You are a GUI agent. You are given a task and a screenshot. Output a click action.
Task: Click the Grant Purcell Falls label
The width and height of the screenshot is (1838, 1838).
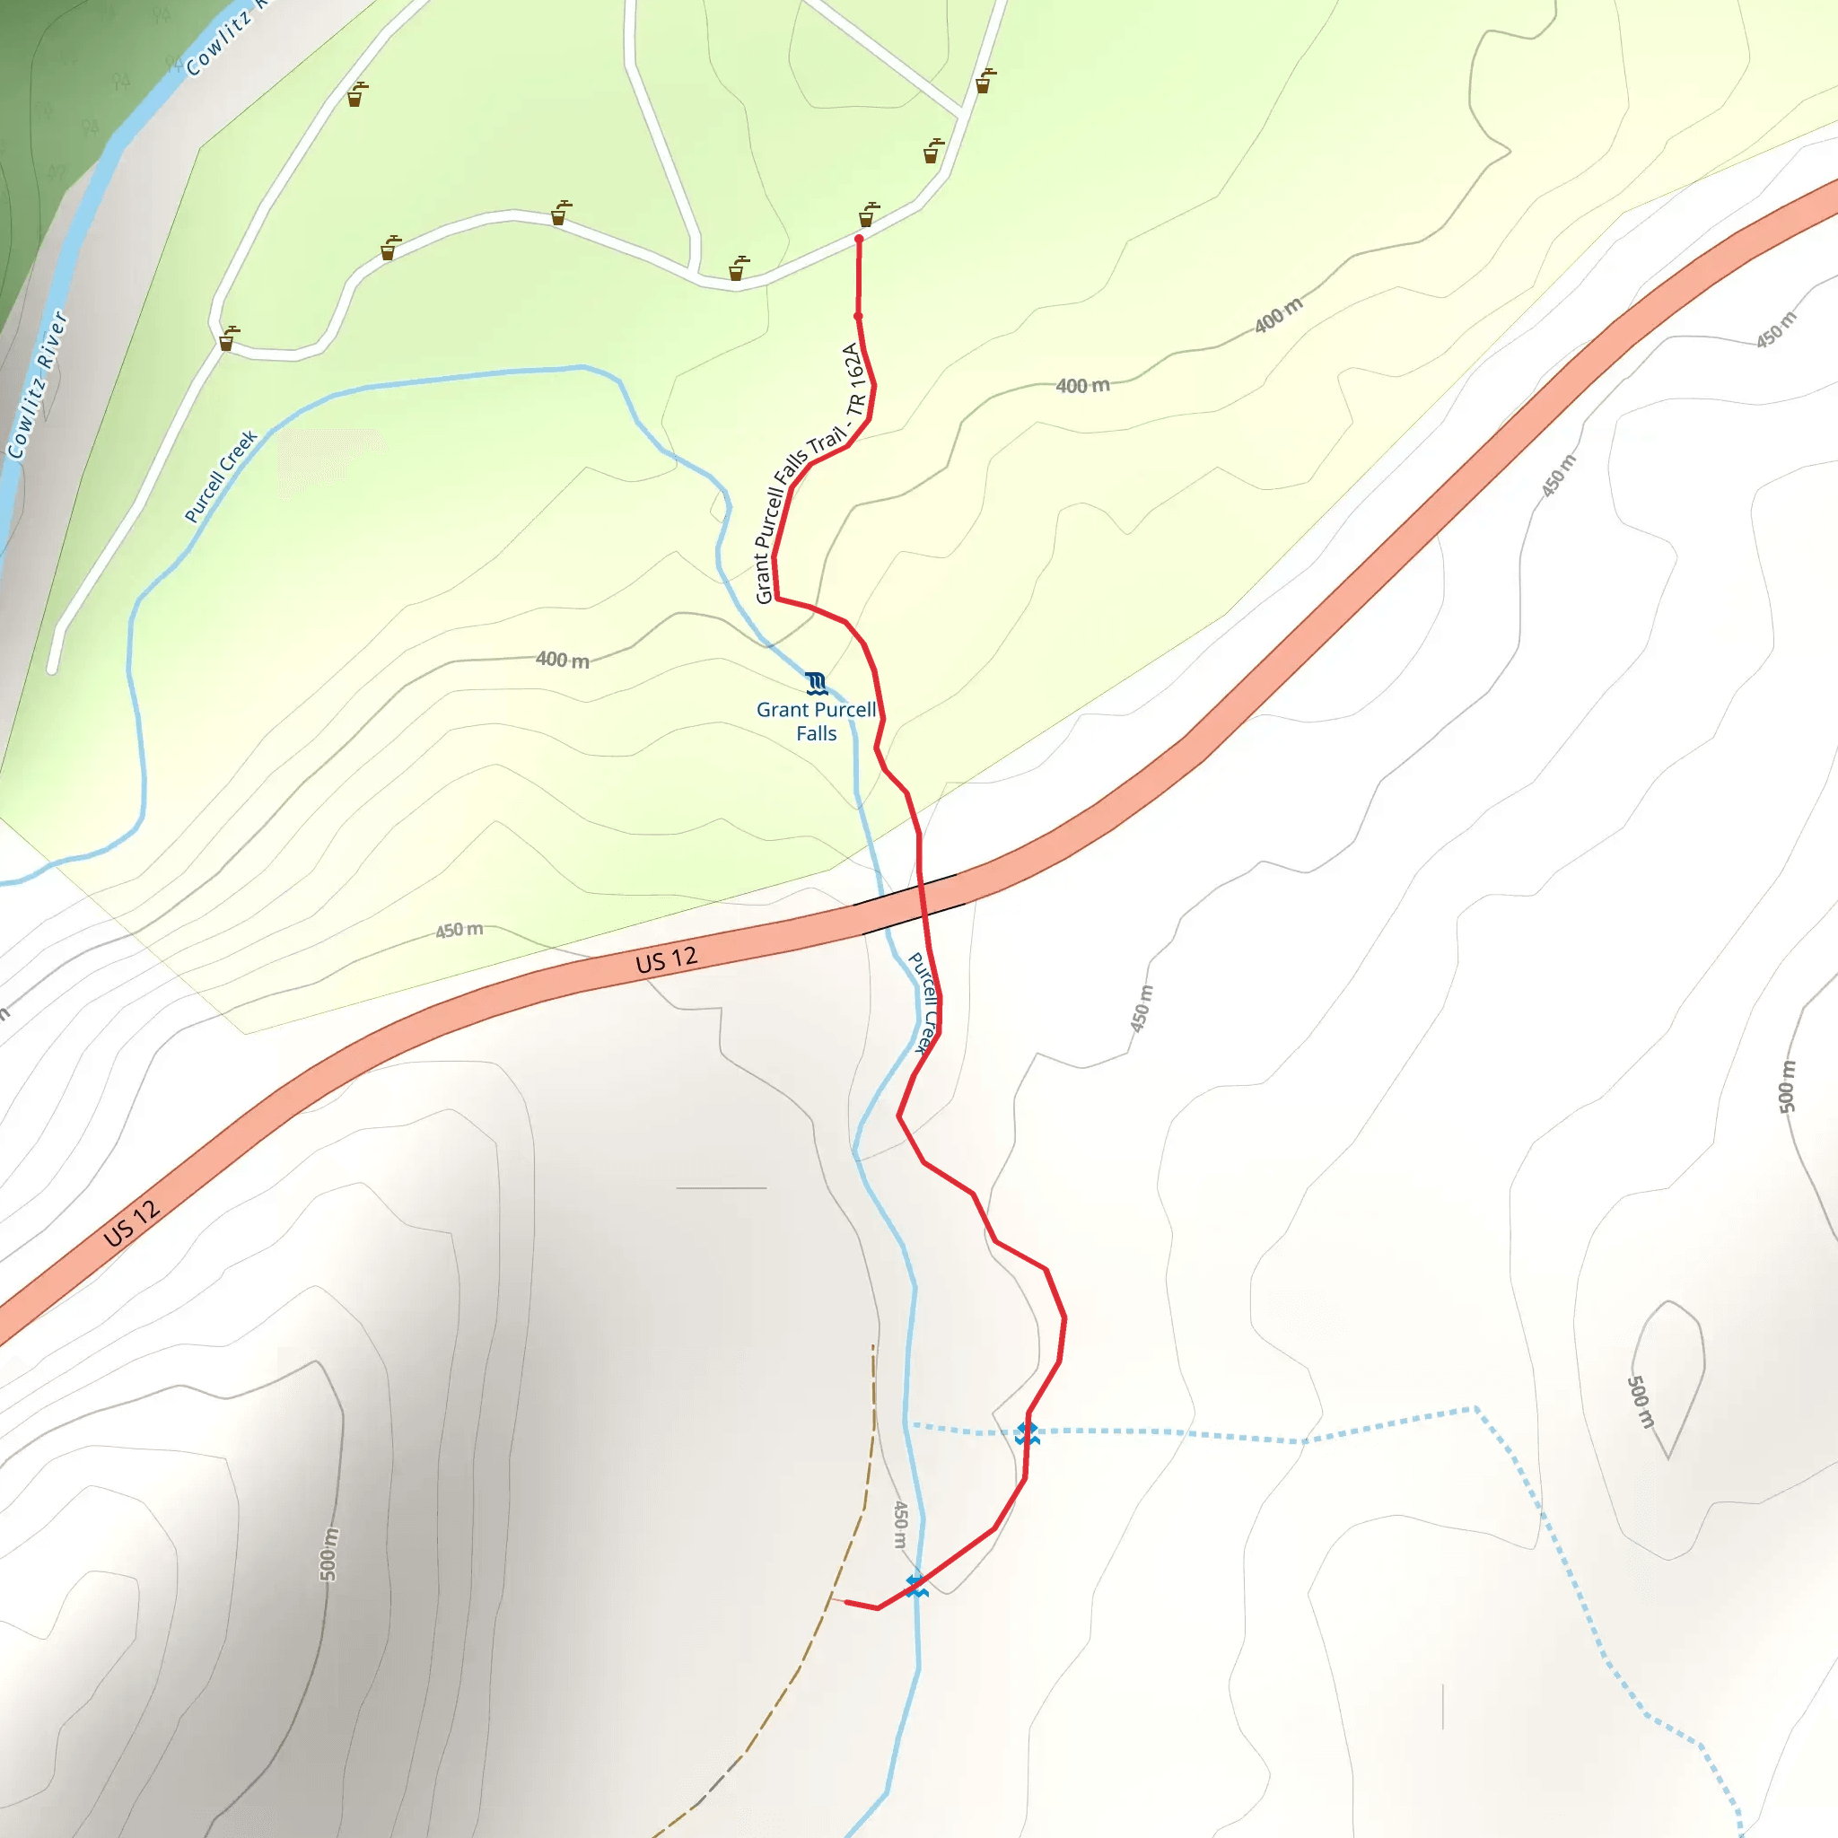click(x=817, y=722)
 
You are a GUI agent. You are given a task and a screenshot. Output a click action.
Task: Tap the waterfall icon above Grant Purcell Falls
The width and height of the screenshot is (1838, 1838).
click(x=815, y=683)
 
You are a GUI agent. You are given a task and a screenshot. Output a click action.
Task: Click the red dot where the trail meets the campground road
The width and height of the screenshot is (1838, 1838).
click(x=858, y=240)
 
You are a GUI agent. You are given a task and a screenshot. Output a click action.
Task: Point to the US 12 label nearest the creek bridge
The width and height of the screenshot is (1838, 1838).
click(x=666, y=960)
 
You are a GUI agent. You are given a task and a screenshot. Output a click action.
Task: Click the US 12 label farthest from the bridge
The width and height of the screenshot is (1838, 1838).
click(x=131, y=1223)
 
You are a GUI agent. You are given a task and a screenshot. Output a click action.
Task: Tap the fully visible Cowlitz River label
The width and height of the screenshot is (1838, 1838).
click(x=37, y=385)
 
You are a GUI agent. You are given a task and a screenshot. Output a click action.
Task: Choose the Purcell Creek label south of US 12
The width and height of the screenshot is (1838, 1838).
click(x=923, y=1002)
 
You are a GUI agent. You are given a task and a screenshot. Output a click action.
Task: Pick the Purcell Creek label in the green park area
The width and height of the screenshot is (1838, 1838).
click(x=221, y=477)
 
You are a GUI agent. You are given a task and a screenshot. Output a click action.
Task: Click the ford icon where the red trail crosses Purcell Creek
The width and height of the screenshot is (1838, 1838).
click(x=916, y=1586)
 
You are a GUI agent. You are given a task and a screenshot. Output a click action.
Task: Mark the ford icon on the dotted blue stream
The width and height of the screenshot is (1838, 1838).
click(x=1027, y=1432)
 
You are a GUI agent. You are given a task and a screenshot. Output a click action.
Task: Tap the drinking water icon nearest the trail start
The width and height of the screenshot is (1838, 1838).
click(x=869, y=214)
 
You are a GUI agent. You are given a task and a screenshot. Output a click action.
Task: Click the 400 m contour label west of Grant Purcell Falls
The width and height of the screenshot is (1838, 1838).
click(x=562, y=660)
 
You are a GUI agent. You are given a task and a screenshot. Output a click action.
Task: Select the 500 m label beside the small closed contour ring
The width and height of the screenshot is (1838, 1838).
click(x=1641, y=1401)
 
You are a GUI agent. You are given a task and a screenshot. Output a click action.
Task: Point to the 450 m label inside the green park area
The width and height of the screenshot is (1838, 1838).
click(x=459, y=930)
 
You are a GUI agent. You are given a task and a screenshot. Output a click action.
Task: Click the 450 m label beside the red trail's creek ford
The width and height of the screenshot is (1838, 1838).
click(x=900, y=1524)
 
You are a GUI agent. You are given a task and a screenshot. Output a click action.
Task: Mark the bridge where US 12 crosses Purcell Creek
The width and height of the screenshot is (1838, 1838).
click(x=912, y=903)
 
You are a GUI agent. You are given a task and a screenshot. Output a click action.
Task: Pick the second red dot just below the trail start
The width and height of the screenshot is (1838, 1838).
click(x=858, y=316)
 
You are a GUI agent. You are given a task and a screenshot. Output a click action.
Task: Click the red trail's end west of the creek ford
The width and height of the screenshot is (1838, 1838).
click(x=845, y=1602)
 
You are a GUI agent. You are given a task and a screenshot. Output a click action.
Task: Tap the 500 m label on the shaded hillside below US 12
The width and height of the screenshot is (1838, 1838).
click(x=328, y=1554)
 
